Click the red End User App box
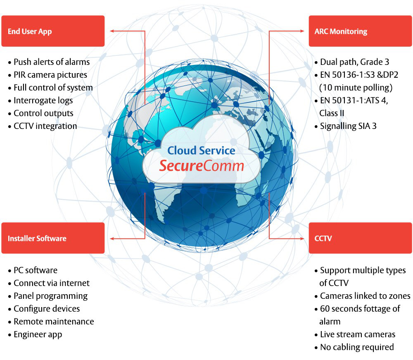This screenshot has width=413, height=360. pyautogui.click(x=53, y=31)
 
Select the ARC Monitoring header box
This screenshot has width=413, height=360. pyautogui.click(x=360, y=31)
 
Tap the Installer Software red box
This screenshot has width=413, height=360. pyautogui.click(x=53, y=238)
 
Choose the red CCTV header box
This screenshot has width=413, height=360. pyautogui.click(x=360, y=238)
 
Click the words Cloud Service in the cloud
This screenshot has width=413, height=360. pyautogui.click(x=201, y=150)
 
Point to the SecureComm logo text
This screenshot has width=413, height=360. pyautogui.click(x=202, y=166)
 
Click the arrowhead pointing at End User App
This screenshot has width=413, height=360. pyautogui.click(x=112, y=31)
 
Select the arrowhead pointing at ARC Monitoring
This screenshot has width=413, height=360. pyautogui.click(x=301, y=31)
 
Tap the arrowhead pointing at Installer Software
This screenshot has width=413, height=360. pyautogui.click(x=112, y=238)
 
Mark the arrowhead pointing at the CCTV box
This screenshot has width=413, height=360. pyautogui.click(x=301, y=238)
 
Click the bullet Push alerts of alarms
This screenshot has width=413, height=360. pyautogui.click(x=49, y=62)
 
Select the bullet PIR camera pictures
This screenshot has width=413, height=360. pyautogui.click(x=47, y=75)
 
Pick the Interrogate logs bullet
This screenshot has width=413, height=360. pyautogui.click(x=40, y=100)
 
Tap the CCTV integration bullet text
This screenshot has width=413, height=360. pyautogui.click(x=43, y=126)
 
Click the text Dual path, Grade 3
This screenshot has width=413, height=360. pyautogui.click(x=352, y=62)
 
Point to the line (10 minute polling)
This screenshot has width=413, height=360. pyautogui.click(x=356, y=88)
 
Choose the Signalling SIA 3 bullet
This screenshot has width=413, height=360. pyautogui.click(x=346, y=126)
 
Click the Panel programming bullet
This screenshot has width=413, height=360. pyautogui.click(x=48, y=296)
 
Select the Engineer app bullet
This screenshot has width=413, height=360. pyautogui.click(x=35, y=334)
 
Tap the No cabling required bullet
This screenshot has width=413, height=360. pyautogui.click(x=354, y=347)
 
